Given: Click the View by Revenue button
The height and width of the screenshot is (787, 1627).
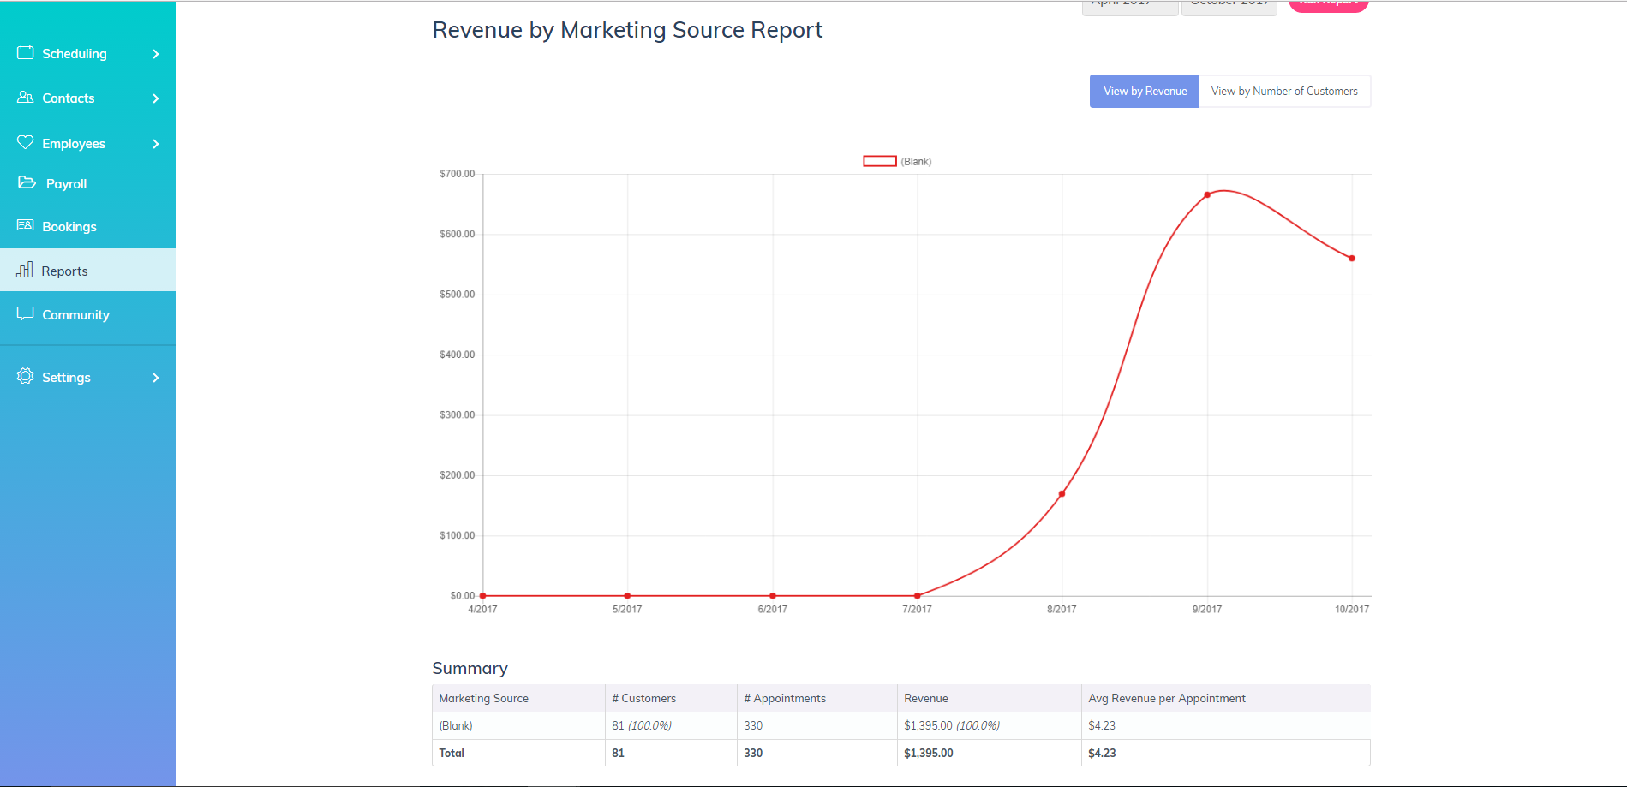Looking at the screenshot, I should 1145,92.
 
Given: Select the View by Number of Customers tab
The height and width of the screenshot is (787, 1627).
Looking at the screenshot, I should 1284,92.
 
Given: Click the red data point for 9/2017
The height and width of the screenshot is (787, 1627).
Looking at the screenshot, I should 1207,195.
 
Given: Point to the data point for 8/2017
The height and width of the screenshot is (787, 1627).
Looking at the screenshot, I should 1062,494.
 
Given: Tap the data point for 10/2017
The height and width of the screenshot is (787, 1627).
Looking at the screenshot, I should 1352,259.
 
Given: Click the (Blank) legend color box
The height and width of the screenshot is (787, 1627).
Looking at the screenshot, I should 879,161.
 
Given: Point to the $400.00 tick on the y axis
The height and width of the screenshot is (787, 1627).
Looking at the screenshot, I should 457,355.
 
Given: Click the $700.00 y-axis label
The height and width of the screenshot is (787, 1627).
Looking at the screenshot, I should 457,174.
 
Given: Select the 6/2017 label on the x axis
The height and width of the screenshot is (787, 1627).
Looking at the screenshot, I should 772,610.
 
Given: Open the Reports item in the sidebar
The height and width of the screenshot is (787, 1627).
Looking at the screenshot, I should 65,271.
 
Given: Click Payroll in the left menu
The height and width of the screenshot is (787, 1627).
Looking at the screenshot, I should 66,184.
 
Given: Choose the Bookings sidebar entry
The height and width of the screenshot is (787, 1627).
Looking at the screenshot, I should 69,227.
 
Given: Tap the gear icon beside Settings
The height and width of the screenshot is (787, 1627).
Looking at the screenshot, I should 26,377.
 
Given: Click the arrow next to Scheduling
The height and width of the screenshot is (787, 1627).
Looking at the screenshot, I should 156,54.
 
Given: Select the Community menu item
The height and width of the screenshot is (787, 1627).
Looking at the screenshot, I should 75,315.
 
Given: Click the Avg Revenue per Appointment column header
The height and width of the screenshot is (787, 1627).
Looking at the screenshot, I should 1166,699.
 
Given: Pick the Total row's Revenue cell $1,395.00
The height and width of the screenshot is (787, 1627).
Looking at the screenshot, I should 928,754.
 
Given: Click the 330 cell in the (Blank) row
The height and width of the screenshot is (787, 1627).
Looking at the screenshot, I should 753,726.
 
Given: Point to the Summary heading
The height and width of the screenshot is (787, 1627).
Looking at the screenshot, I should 470,669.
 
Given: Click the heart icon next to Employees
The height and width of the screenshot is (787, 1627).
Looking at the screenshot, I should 26,142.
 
